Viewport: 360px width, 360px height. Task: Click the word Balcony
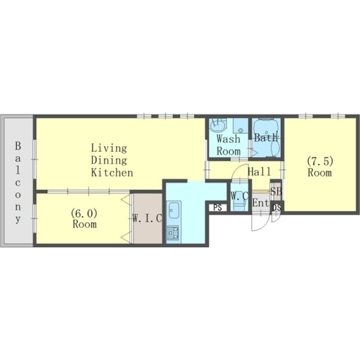[x=18, y=183]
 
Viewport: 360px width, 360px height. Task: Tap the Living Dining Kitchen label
[x=112, y=160]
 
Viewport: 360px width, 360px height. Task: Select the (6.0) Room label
[x=84, y=219]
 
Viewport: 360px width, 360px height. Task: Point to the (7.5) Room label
[x=320, y=167]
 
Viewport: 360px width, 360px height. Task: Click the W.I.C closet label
[x=147, y=218]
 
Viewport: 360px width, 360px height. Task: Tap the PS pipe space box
[x=218, y=207]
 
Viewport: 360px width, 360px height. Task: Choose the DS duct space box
[x=277, y=207]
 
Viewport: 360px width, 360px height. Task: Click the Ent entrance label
[x=261, y=203]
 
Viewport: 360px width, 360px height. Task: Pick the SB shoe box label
[x=276, y=191]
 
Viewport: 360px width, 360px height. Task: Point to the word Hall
[x=260, y=171]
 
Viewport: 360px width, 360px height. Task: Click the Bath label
[x=266, y=138]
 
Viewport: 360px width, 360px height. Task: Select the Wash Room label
[x=229, y=145]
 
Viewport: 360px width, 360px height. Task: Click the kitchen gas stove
[x=174, y=232]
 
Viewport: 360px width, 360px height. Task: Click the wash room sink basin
[x=217, y=126]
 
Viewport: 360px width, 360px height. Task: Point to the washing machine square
[x=241, y=126]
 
